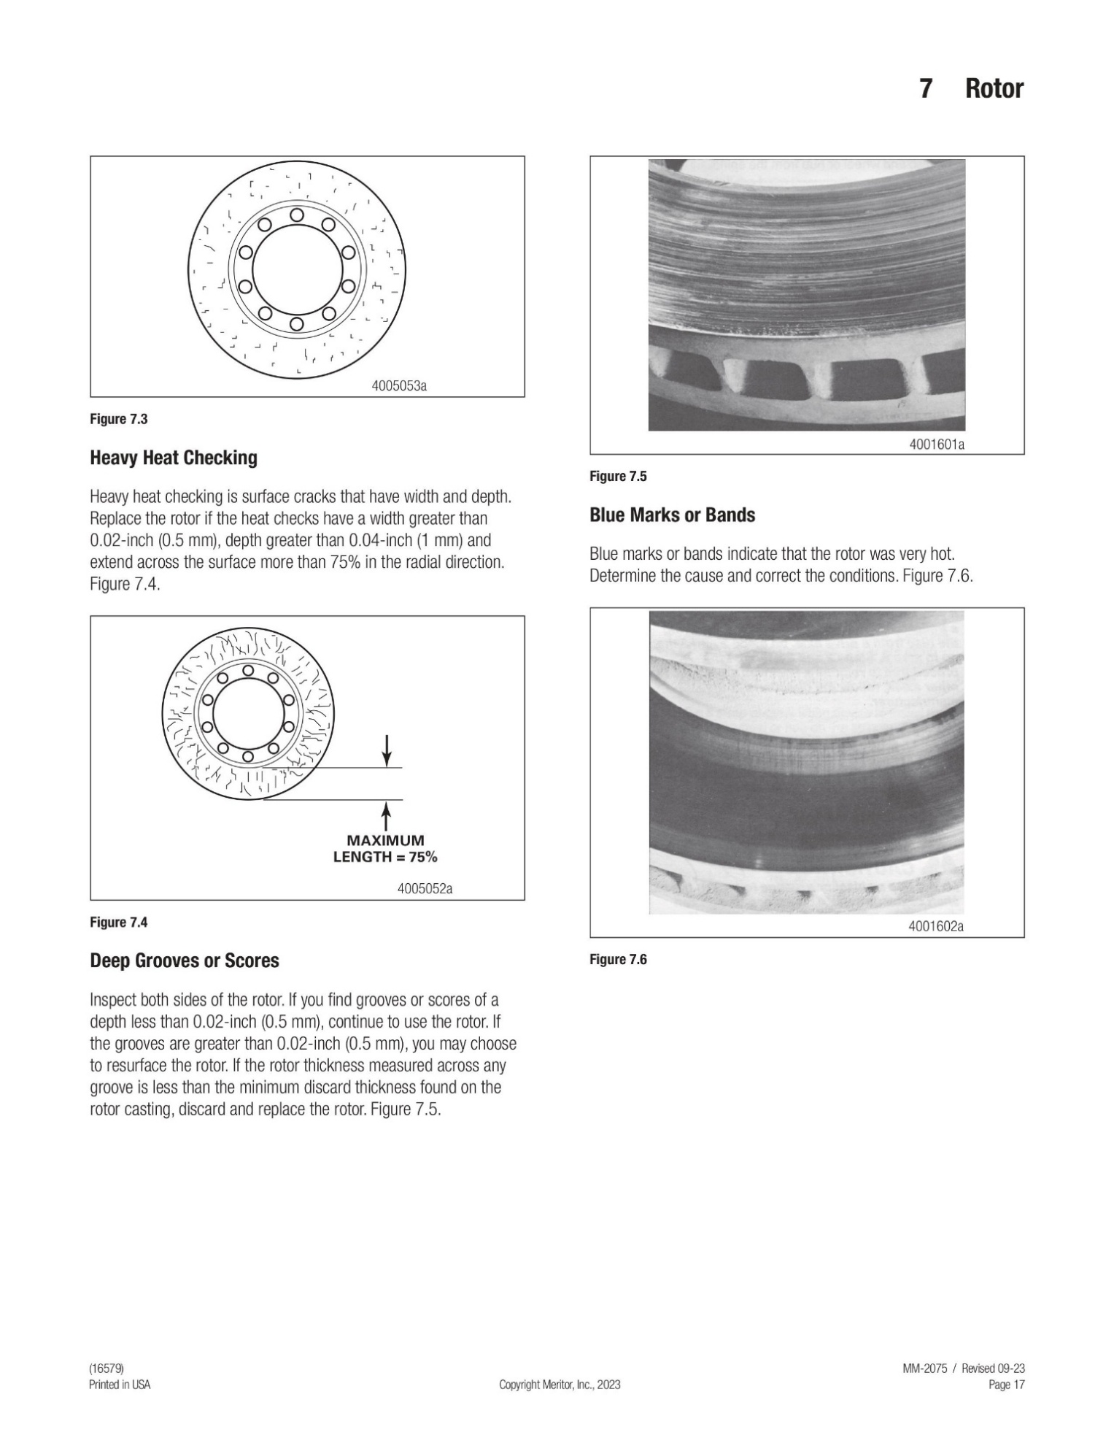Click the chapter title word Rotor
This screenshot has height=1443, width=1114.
[994, 89]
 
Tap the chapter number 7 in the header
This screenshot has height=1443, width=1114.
[925, 89]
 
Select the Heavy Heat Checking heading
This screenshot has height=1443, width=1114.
[174, 458]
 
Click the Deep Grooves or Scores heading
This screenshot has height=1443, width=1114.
[185, 961]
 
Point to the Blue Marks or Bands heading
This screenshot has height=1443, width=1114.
[672, 515]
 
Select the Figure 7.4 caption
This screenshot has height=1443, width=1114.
[119, 923]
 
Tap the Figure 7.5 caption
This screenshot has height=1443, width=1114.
[618, 477]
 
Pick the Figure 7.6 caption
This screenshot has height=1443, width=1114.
[618, 960]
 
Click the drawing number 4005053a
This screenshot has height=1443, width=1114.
[399, 386]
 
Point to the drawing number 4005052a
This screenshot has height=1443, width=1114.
[425, 889]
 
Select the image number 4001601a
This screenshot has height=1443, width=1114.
[937, 444]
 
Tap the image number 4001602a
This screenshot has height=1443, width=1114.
[936, 927]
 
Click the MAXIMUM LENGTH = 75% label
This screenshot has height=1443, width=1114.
[385, 849]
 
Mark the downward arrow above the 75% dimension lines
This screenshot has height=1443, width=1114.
[387, 750]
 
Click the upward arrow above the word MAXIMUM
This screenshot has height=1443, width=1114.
[387, 816]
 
